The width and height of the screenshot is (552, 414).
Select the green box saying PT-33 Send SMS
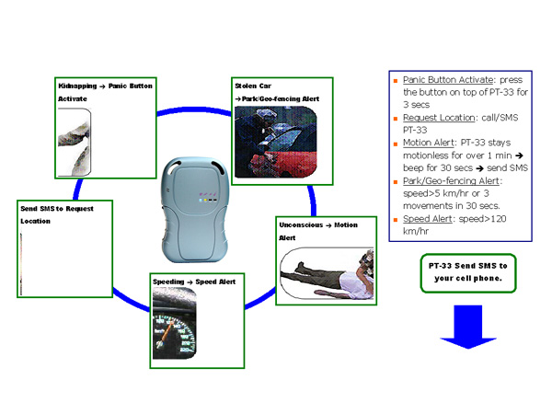(466, 272)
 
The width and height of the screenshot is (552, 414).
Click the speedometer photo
(176, 323)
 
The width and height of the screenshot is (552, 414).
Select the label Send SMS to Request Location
(56, 214)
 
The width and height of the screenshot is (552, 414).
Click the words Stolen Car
(249, 85)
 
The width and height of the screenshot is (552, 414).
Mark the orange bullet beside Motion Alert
(396, 144)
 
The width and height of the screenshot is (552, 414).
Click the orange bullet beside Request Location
(396, 119)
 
